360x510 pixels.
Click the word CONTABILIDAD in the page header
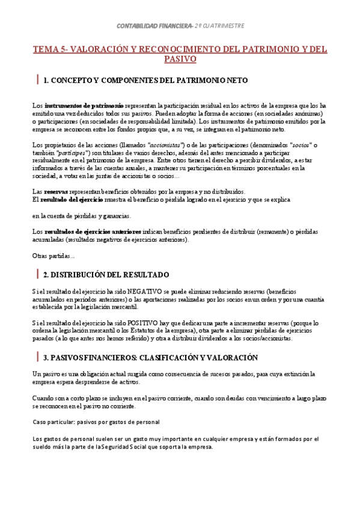(x=135, y=26)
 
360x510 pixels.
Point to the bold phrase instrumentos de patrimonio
(x=84, y=106)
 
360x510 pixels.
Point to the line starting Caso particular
(x=96, y=422)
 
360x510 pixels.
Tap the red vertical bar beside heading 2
(x=38, y=274)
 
